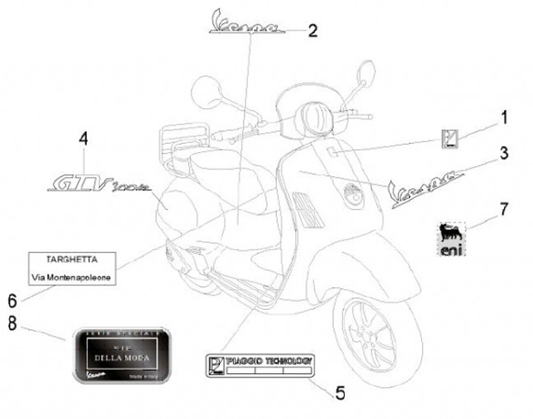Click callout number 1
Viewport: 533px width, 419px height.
point(503,118)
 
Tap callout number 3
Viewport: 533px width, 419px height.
point(503,154)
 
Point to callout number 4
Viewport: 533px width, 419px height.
point(84,139)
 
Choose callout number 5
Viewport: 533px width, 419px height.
point(340,391)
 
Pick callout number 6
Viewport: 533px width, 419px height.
point(12,300)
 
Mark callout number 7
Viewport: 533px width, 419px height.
point(503,209)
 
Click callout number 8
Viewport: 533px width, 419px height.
point(12,323)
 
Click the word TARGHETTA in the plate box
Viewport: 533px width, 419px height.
point(71,259)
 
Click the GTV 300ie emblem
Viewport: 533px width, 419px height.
point(97,181)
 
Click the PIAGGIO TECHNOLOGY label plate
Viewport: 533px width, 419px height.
point(260,364)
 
